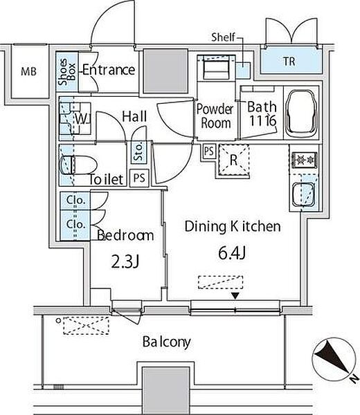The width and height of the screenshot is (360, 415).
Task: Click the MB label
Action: (x=28, y=71)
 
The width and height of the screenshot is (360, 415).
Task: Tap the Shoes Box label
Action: (x=67, y=72)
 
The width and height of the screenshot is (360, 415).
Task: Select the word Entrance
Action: (x=109, y=70)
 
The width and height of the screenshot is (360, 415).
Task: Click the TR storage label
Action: (x=289, y=62)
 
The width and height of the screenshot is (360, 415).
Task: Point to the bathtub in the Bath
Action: (x=302, y=111)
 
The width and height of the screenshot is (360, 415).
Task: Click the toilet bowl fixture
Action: (x=78, y=165)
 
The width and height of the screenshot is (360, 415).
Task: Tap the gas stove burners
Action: (x=305, y=160)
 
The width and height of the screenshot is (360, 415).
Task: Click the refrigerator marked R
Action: (x=233, y=160)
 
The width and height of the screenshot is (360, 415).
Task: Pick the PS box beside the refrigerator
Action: (x=209, y=151)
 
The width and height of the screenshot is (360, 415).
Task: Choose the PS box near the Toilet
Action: (x=139, y=178)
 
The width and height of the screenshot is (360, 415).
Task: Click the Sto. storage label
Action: (x=138, y=152)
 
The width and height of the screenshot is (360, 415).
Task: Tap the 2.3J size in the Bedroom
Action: (x=125, y=262)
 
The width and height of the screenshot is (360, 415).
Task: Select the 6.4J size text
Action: (x=233, y=252)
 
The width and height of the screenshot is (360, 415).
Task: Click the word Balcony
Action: (x=166, y=342)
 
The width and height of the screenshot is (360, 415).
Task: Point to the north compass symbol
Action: (x=334, y=360)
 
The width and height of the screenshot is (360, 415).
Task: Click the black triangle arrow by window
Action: (x=235, y=295)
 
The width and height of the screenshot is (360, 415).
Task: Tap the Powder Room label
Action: (x=215, y=116)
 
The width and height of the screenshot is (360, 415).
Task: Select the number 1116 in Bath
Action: (x=262, y=120)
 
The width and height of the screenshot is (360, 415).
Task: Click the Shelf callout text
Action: (x=223, y=37)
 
